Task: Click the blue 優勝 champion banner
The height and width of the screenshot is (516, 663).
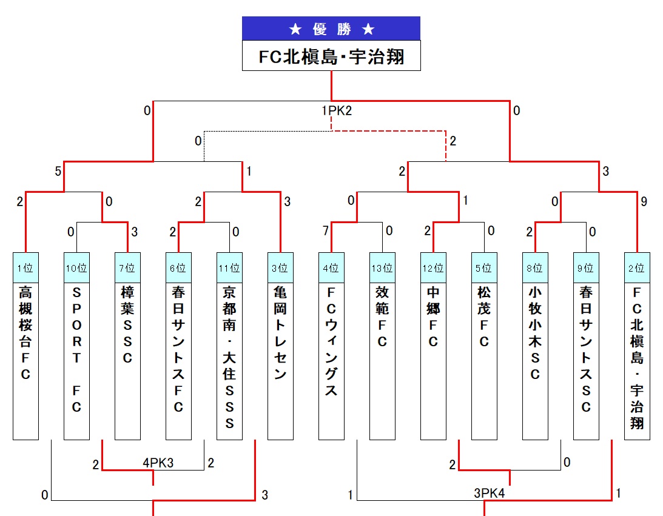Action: tap(331, 28)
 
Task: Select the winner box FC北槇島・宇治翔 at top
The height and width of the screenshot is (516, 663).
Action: tap(331, 56)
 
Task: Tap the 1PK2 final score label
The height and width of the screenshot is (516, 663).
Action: tap(337, 111)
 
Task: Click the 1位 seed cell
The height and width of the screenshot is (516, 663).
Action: tap(25, 268)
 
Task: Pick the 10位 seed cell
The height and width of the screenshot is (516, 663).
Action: tap(76, 268)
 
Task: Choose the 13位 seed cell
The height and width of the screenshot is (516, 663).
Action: tap(382, 268)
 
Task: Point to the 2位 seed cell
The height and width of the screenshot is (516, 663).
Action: tap(637, 268)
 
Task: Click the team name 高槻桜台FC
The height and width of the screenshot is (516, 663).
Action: tap(25, 333)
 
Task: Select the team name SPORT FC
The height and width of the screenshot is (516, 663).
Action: tap(76, 349)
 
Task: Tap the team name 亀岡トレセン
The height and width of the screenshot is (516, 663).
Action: tap(280, 333)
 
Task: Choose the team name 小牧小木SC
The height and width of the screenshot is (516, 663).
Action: tap(535, 333)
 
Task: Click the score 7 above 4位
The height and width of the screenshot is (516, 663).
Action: tap(326, 231)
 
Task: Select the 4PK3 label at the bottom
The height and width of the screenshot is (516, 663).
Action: tap(158, 463)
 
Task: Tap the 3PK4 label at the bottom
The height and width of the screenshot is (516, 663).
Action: tap(490, 494)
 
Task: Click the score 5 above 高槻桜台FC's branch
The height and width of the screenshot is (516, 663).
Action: tap(58, 172)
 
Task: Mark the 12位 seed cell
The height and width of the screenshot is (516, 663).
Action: tap(433, 268)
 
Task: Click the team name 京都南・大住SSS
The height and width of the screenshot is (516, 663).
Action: tap(229, 358)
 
